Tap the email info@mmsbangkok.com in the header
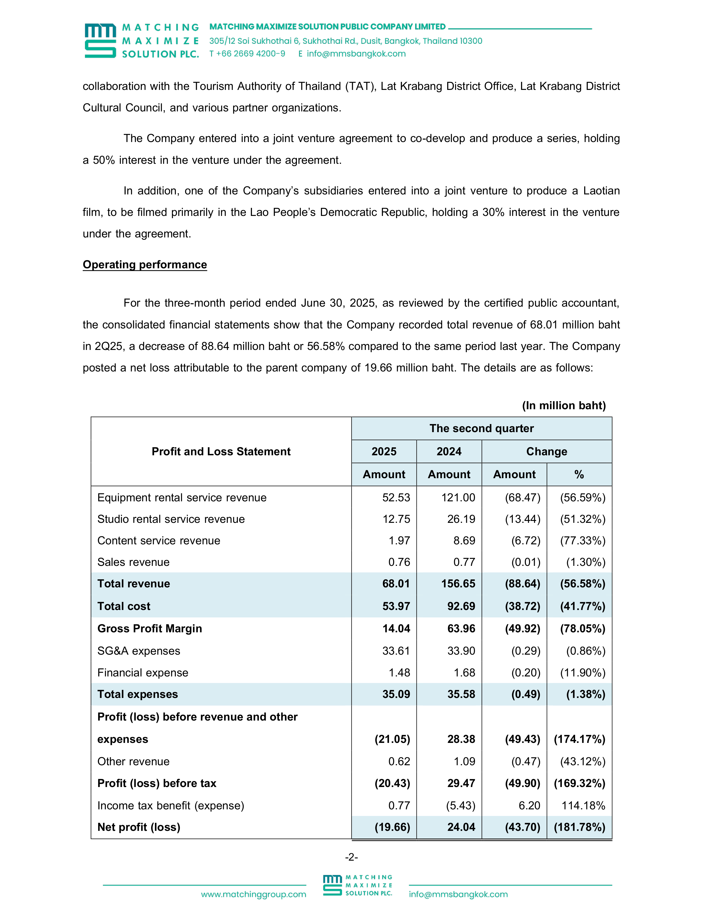click(356, 54)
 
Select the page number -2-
click(351, 857)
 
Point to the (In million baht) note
click(564, 405)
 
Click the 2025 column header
click(383, 451)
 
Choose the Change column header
click(546, 451)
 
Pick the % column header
click(579, 474)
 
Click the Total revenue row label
click(134, 583)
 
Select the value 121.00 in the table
click(458, 497)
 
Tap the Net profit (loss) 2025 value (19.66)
click(392, 827)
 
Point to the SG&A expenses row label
click(139, 651)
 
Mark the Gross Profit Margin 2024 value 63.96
click(461, 628)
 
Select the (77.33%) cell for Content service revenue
click(583, 540)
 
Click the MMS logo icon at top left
click(100, 41)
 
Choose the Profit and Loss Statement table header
click(221, 451)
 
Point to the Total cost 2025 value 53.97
click(396, 606)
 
